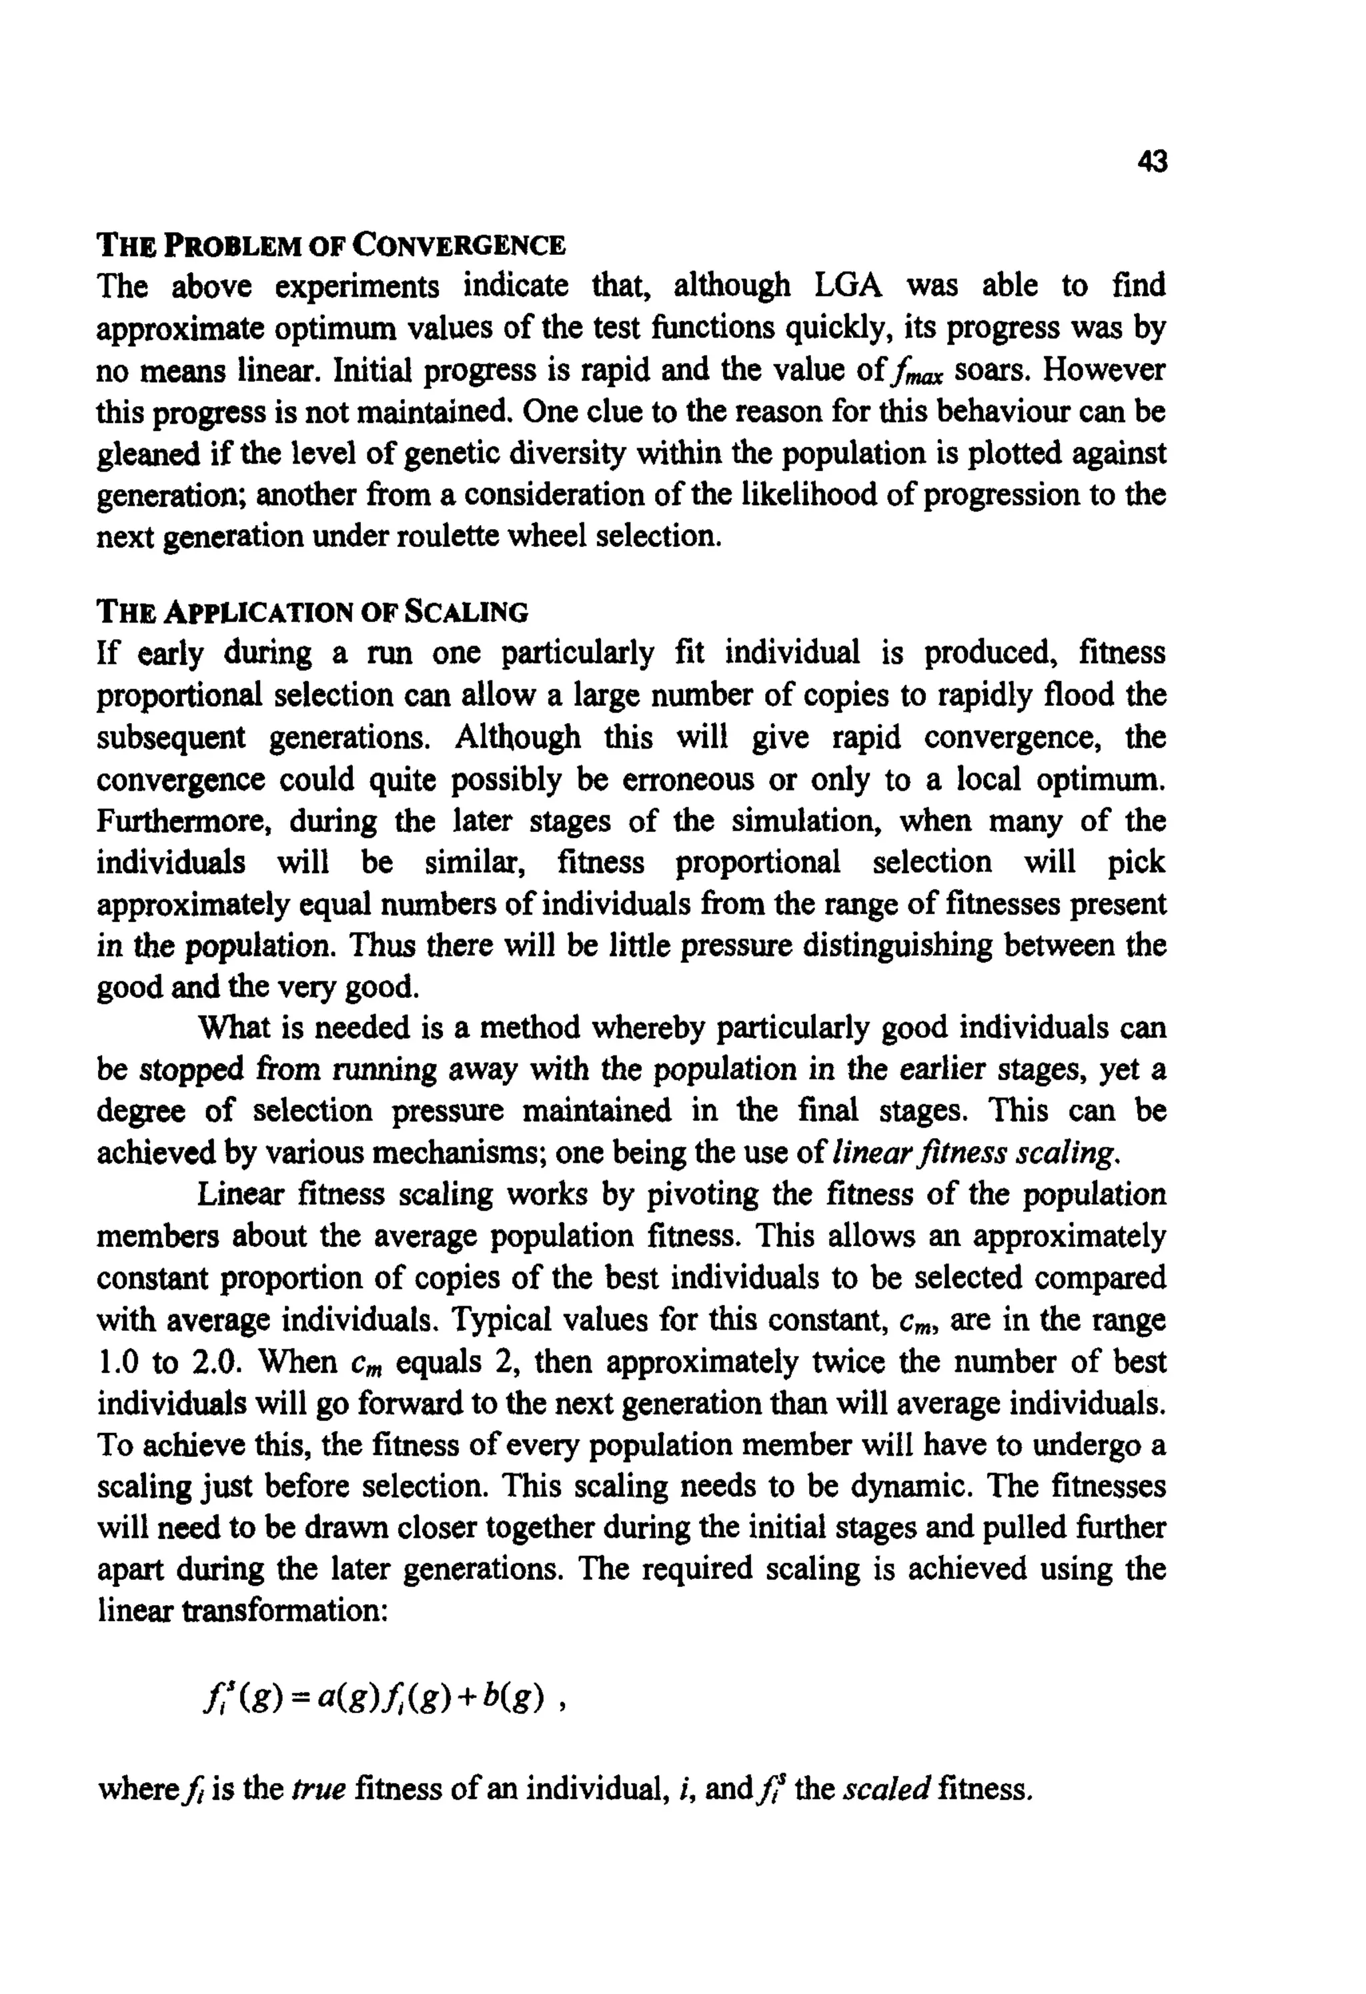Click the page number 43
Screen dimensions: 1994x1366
[1151, 161]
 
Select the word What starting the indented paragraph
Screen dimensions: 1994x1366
[233, 1028]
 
